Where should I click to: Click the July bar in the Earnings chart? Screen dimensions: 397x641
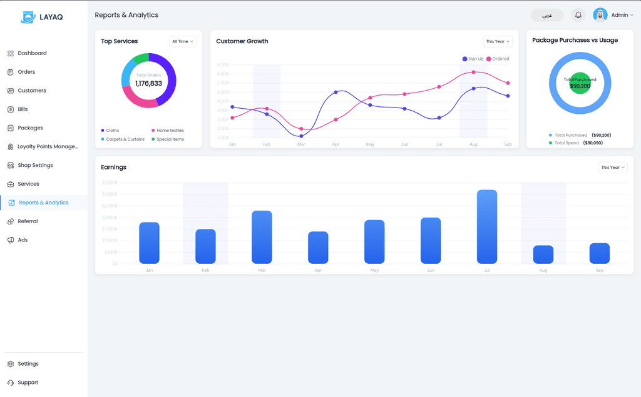click(487, 226)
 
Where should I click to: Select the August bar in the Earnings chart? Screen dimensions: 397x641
click(543, 254)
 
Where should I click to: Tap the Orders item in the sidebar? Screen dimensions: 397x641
click(26, 72)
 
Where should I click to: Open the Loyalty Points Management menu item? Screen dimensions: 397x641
click(48, 147)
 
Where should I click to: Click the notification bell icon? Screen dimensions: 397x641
click(578, 15)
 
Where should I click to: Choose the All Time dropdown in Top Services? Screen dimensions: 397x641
click(182, 41)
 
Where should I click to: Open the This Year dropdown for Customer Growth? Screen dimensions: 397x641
click(498, 41)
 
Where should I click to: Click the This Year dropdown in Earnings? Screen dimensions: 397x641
click(612, 168)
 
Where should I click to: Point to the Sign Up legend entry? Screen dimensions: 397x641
click(473, 59)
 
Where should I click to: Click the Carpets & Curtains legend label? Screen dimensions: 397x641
click(125, 139)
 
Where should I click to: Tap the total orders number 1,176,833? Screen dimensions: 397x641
click(148, 83)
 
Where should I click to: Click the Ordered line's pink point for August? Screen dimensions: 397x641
click(473, 72)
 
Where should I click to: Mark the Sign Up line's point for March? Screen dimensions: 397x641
click(301, 136)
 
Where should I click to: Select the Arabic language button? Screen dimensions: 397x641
click(546, 15)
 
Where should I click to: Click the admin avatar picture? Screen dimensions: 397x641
click(600, 15)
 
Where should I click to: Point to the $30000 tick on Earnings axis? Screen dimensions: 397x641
click(109, 194)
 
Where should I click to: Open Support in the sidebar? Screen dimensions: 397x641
click(28, 383)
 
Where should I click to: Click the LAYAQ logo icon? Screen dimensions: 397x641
click(28, 18)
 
